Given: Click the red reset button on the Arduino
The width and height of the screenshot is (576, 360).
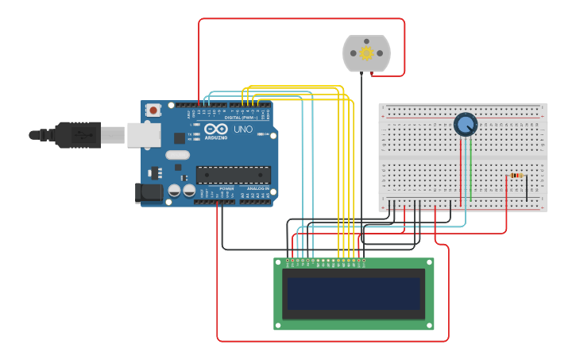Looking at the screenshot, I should click(153, 110).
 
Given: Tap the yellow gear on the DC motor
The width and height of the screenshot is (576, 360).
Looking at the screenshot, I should click(366, 53).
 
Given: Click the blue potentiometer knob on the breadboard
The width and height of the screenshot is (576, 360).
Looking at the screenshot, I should click(465, 125).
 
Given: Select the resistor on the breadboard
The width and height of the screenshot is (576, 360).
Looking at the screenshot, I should click(516, 175).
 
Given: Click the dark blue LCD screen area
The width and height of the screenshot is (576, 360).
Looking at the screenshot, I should click(354, 293).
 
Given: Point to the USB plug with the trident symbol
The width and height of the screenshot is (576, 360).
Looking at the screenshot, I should click(78, 135).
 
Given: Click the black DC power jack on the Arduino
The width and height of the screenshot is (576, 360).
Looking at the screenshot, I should click(148, 192).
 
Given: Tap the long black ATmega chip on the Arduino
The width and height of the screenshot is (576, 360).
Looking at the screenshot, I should click(233, 175).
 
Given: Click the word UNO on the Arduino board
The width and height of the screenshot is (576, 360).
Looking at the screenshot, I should click(242, 130).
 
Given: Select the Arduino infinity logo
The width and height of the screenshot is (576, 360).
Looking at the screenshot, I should click(215, 129).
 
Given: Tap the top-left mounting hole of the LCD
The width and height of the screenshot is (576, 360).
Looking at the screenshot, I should click(278, 262).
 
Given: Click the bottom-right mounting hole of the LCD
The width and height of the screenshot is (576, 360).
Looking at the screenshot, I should click(430, 325).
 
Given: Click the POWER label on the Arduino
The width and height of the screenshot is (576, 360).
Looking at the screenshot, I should click(226, 188).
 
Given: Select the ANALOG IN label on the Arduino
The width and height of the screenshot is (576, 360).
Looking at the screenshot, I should click(257, 188).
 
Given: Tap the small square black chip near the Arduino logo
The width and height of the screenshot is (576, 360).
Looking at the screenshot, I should click(180, 137).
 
